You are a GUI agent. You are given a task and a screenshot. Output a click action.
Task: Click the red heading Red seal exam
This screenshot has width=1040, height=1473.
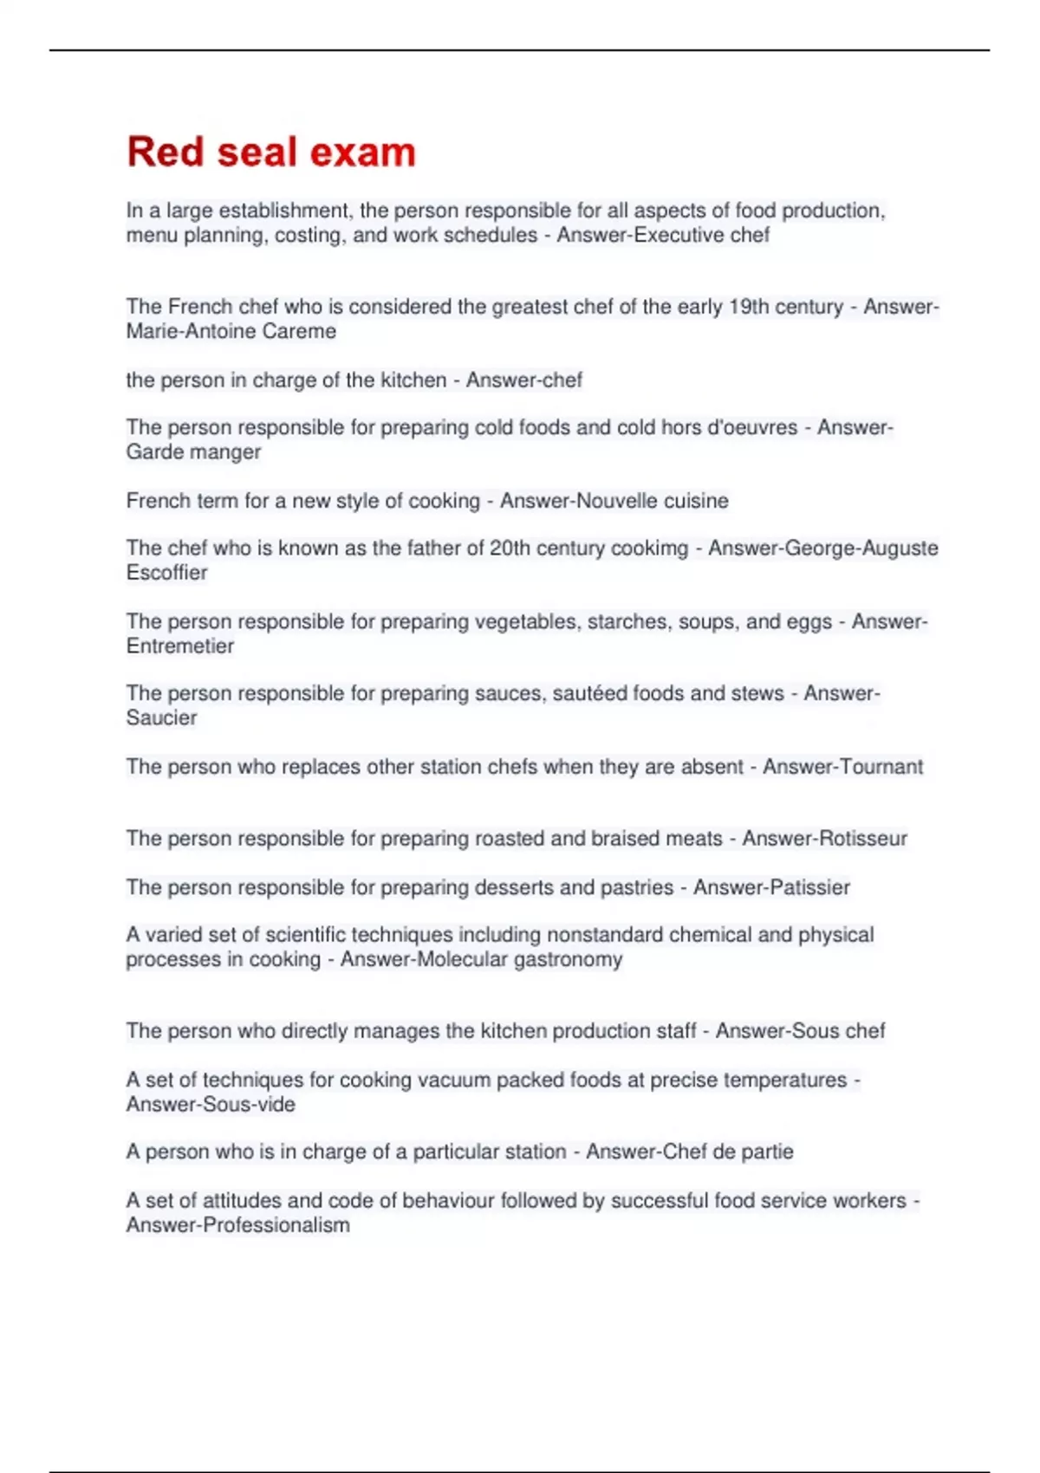tap(271, 152)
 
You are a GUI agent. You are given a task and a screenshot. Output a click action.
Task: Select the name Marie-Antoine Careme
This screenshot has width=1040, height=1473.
tap(231, 331)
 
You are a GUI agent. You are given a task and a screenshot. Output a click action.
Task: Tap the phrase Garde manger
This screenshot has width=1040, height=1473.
tap(193, 451)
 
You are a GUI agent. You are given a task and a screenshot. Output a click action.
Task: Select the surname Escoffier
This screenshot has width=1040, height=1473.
tap(167, 573)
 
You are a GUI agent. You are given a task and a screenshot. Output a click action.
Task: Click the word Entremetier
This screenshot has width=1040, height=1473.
tap(180, 646)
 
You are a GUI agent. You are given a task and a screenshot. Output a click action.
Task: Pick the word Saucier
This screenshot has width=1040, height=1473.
tap(162, 717)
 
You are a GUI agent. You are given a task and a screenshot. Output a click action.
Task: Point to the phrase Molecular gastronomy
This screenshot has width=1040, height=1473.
tap(520, 959)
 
